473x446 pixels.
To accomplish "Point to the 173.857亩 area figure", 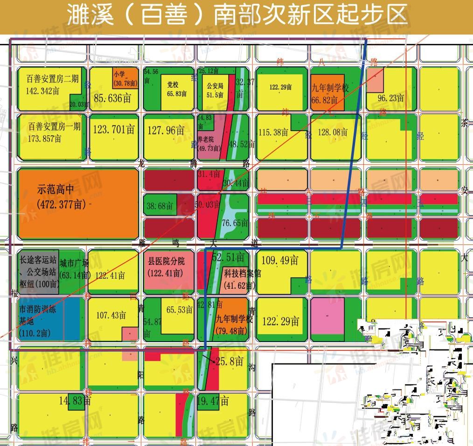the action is pos(45,139).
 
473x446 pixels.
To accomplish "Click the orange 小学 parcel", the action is pos(125,77).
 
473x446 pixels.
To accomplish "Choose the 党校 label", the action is pos(173,85).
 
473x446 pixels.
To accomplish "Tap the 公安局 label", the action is pos(215,86).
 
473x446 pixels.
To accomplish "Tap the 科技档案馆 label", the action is pos(242,273).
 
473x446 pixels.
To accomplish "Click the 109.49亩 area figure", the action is pos(280,260).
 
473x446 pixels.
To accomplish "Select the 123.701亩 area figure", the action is pos(114,129).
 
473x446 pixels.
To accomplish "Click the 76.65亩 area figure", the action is pos(235,223).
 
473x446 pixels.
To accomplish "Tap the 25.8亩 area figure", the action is pos(230,361).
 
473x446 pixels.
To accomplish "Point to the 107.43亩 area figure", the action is pos(111,315).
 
